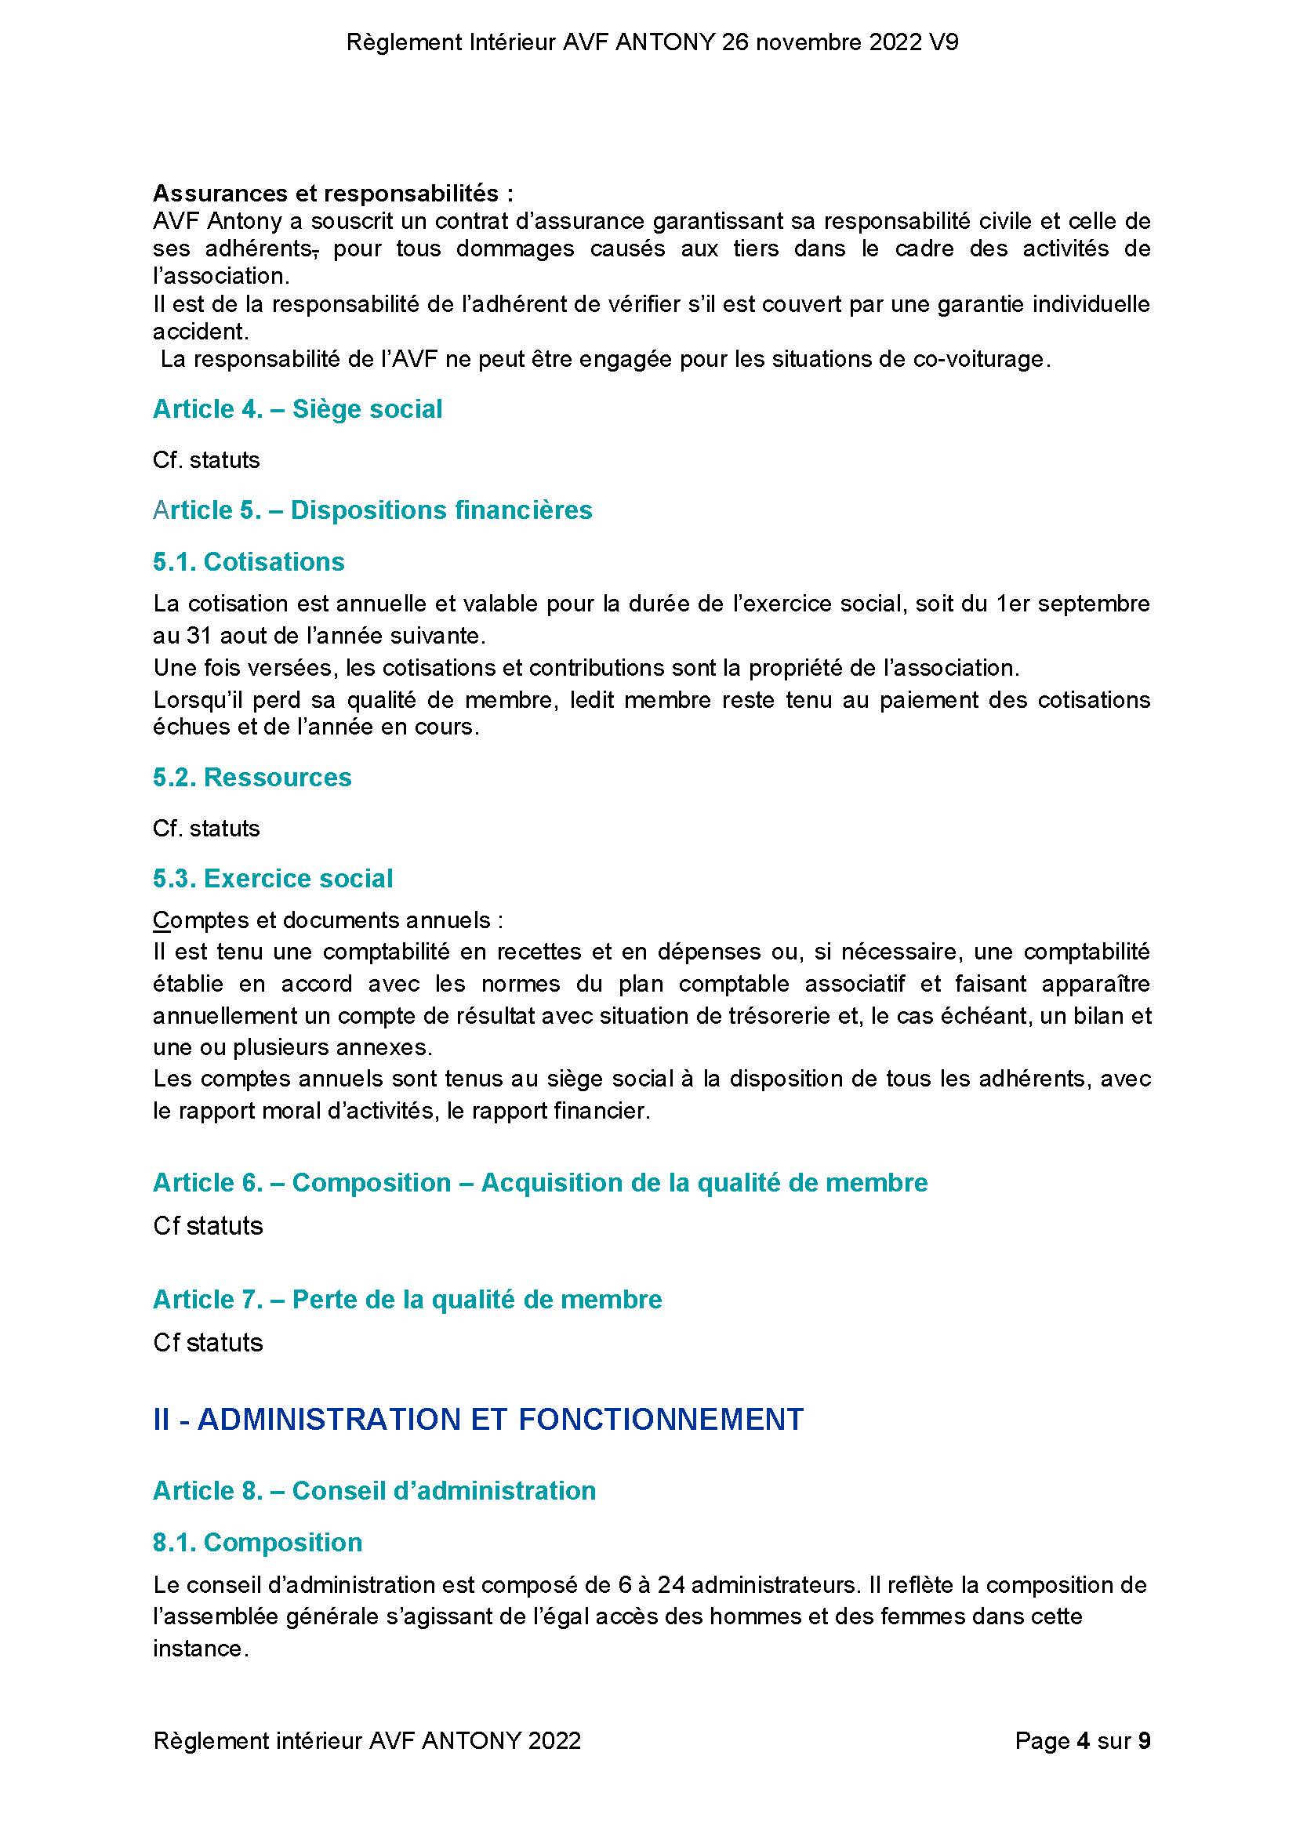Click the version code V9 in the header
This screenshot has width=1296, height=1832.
[x=943, y=43]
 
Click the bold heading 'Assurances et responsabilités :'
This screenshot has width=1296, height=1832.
[x=332, y=193]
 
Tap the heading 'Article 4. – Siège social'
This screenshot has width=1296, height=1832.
[x=297, y=409]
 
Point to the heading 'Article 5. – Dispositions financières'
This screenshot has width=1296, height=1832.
[x=372, y=510]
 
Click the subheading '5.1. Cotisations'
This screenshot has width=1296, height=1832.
[x=249, y=562]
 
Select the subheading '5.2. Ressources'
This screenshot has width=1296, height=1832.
[x=252, y=777]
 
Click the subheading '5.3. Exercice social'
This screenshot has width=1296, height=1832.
[x=273, y=879]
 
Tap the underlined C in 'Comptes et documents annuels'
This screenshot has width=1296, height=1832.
[x=162, y=921]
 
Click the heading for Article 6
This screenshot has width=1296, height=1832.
[x=540, y=1182]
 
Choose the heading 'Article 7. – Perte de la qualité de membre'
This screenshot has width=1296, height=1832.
[x=407, y=1300]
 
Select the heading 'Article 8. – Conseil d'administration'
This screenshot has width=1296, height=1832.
[x=374, y=1490]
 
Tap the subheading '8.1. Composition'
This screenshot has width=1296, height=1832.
[x=258, y=1543]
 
